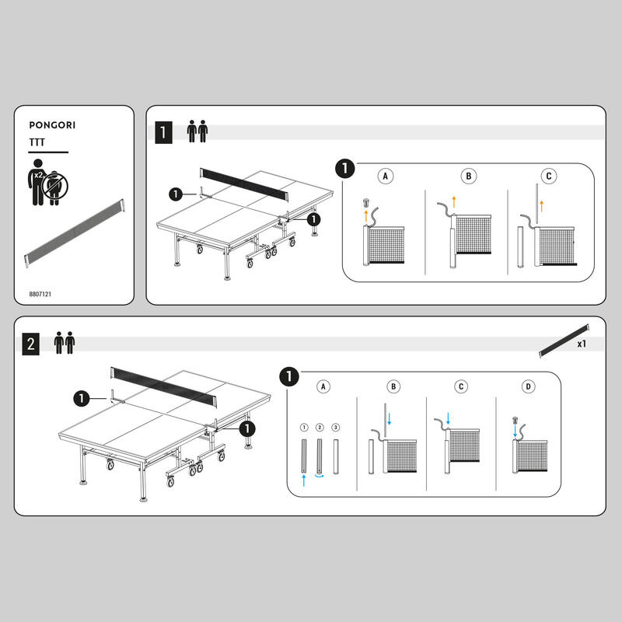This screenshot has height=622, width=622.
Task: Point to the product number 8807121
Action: tap(41, 295)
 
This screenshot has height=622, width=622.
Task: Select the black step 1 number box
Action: tap(162, 132)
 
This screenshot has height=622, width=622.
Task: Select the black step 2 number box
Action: tap(30, 343)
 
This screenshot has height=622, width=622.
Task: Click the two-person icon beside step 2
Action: tap(65, 342)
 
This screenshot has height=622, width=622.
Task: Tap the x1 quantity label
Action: tap(582, 343)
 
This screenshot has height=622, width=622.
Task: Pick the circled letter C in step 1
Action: tap(550, 176)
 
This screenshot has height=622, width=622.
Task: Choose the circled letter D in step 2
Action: tap(529, 386)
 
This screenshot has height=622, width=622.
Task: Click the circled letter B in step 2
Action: tap(393, 386)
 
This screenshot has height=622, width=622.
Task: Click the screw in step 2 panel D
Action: tap(514, 421)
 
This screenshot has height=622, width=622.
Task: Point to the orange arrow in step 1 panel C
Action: tap(541, 206)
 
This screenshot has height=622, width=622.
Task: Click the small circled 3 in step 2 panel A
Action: tap(335, 427)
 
